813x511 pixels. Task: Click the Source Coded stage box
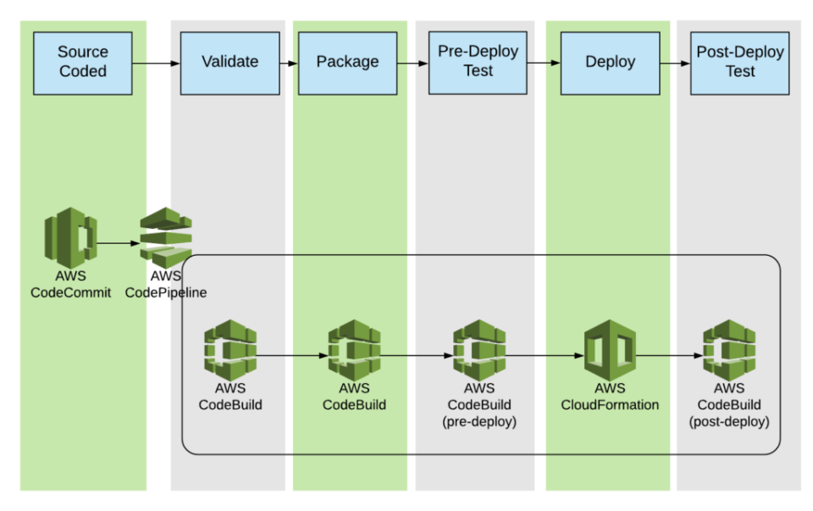83,63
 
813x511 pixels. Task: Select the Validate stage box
230,63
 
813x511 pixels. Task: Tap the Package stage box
347,63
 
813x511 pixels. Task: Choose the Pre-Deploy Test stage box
478,63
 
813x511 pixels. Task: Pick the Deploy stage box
610,63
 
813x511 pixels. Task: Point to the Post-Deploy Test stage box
740,63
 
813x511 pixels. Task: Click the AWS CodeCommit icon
70,241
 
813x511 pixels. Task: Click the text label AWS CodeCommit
70,285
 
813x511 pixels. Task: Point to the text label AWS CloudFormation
610,397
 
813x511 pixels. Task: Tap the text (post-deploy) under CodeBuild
729,421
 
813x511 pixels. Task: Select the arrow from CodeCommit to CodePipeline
119,243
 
